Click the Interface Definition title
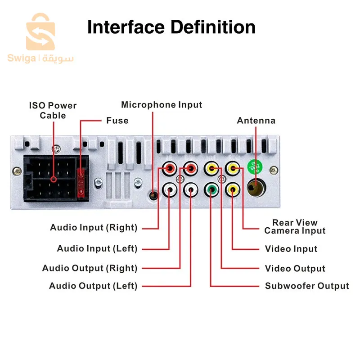(x=171, y=27)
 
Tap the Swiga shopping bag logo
(x=40, y=31)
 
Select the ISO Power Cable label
(x=53, y=110)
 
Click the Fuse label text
(x=117, y=121)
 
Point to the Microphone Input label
(x=162, y=105)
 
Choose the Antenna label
(x=256, y=121)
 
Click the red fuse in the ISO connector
(x=81, y=183)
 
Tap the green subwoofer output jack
(x=211, y=189)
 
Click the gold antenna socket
(x=256, y=188)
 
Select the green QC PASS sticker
(x=255, y=167)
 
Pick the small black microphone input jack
(x=153, y=196)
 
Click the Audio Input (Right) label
(x=94, y=228)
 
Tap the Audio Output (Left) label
(x=93, y=286)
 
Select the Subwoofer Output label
(x=307, y=286)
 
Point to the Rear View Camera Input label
(x=295, y=227)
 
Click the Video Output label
(x=295, y=268)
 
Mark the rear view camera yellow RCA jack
(x=233, y=169)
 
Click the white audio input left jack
(x=170, y=189)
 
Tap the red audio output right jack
(x=190, y=169)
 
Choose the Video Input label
(x=291, y=249)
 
